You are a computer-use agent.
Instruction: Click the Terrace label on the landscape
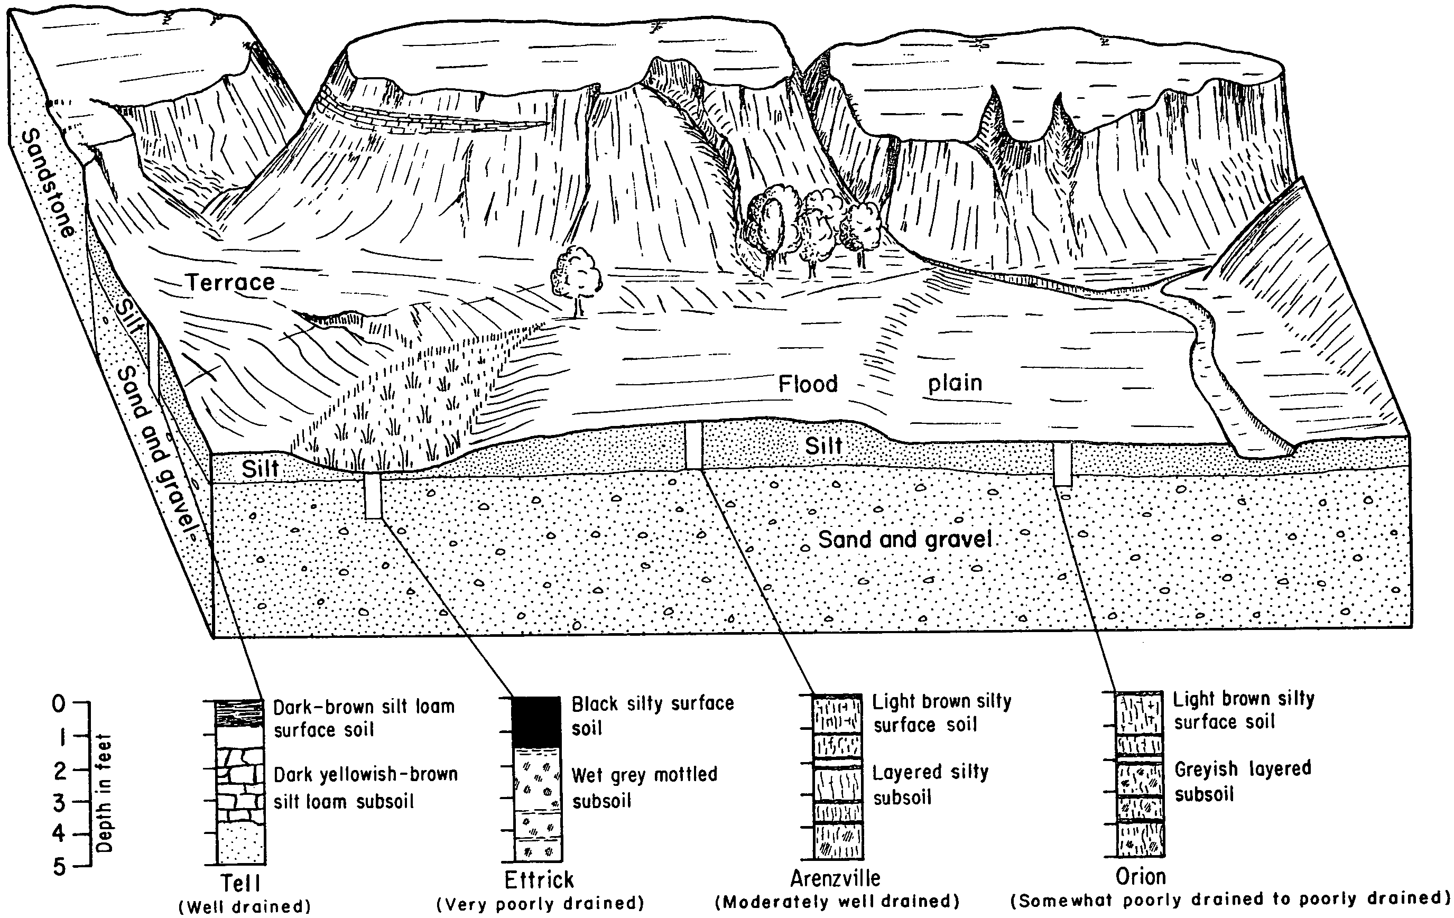pos(230,283)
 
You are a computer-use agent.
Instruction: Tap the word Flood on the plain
pos(808,384)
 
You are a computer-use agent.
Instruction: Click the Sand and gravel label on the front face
pos(904,539)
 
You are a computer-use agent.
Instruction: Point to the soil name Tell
pos(240,883)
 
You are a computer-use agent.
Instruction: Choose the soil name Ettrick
pos(539,880)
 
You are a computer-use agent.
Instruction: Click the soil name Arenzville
pos(836,877)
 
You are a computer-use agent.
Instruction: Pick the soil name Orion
pos(1141,876)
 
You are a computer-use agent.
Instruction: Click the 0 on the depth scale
pos(59,703)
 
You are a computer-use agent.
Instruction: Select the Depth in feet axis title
pos(105,792)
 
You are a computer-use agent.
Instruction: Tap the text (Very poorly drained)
pos(540,904)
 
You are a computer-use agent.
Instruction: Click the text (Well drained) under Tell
pos(245,906)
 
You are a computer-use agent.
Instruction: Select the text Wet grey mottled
pos(644,774)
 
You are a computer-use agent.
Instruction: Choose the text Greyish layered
pos(1243,769)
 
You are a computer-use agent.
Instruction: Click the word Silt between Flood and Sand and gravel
pos(823,446)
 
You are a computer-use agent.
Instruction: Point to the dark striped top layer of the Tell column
pos(240,712)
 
